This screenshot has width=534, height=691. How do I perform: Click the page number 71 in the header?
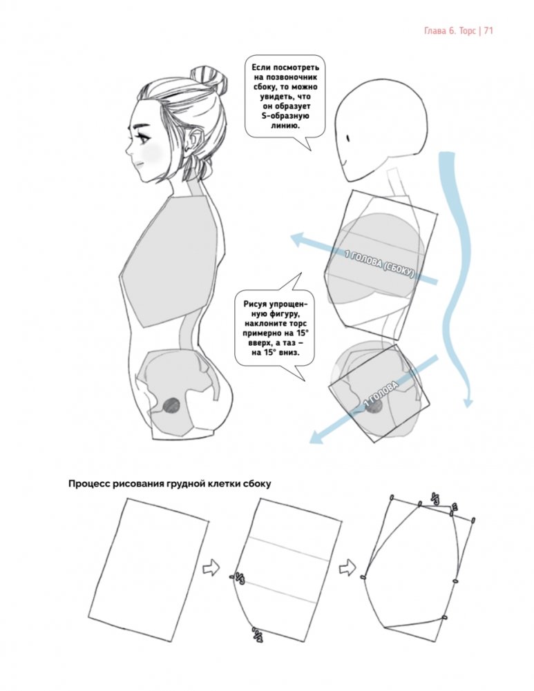point(488,31)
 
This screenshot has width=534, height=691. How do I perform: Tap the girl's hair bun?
point(209,79)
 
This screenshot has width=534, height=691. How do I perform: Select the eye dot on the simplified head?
point(348,138)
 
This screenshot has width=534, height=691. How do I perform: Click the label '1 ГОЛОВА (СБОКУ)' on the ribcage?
point(379,264)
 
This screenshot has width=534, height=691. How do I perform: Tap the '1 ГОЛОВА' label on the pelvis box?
point(381,394)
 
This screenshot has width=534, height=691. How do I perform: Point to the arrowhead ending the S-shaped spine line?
point(468,402)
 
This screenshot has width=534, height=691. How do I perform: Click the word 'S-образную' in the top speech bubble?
point(285,116)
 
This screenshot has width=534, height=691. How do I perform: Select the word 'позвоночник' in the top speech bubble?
point(285,77)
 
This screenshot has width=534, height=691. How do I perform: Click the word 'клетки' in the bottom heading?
point(224,484)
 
